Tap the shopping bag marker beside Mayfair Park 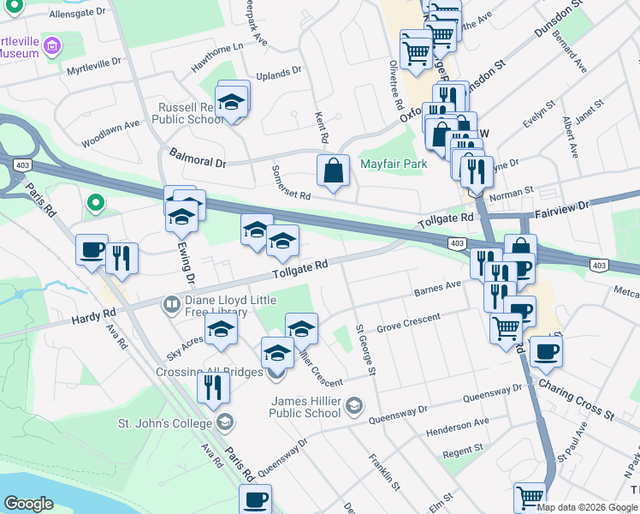coord(333,170)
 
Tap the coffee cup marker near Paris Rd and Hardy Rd coord(92,251)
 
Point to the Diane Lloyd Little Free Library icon coord(172,304)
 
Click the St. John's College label coord(164,423)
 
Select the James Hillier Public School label coord(305,407)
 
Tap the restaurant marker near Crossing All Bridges coord(213,387)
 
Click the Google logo coord(28,504)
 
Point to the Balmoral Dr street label coord(197,158)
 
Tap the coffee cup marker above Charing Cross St coord(545,350)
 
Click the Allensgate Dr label coord(77,14)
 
